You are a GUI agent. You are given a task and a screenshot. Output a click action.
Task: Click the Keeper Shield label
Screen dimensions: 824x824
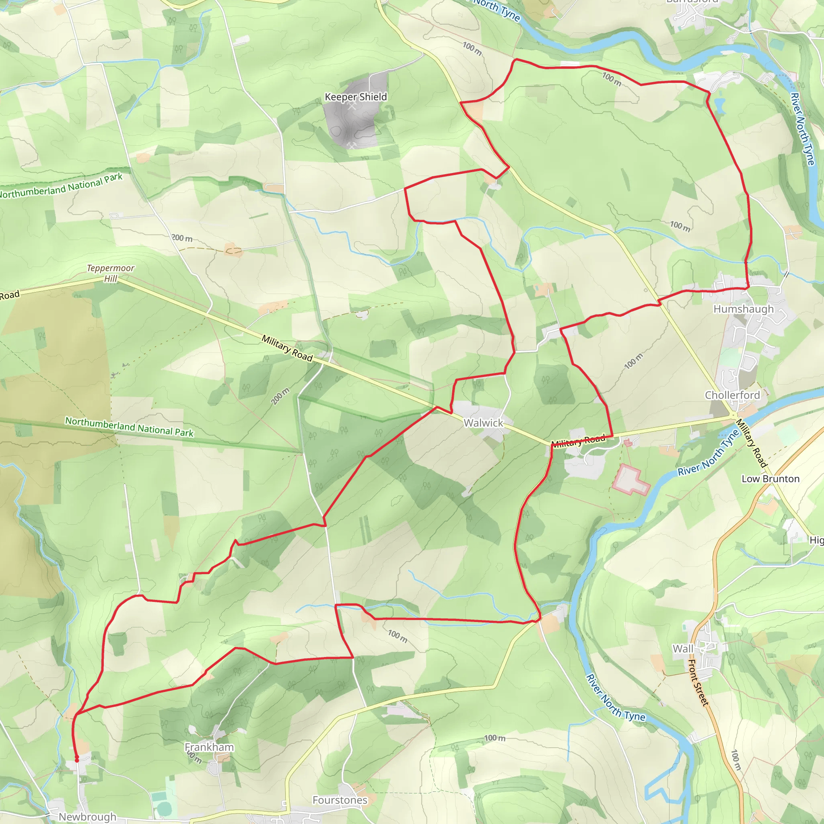356,97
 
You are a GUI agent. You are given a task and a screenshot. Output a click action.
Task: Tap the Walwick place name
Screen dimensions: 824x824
483,423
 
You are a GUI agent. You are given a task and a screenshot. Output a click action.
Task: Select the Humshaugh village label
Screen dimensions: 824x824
744,309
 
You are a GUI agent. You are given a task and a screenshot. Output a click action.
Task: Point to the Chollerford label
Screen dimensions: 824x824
732,395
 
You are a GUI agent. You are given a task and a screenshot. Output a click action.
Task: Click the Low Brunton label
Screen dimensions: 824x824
770,478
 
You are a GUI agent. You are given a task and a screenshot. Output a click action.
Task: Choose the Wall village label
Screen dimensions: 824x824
683,648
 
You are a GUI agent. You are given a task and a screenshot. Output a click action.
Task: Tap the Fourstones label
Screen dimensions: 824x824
340,800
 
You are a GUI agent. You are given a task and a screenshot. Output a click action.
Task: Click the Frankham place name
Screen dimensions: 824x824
209,747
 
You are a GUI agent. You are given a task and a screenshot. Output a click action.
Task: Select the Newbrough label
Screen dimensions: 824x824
87,816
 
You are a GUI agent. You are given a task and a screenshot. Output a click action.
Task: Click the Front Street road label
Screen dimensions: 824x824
698,682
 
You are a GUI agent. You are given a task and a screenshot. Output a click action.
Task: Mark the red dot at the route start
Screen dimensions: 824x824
77,760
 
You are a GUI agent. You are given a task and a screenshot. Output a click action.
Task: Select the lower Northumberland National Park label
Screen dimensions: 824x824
129,426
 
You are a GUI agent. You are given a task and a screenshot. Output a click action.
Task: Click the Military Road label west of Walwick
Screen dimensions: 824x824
287,348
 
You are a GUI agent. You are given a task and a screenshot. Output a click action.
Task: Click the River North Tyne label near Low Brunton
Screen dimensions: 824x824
708,453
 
